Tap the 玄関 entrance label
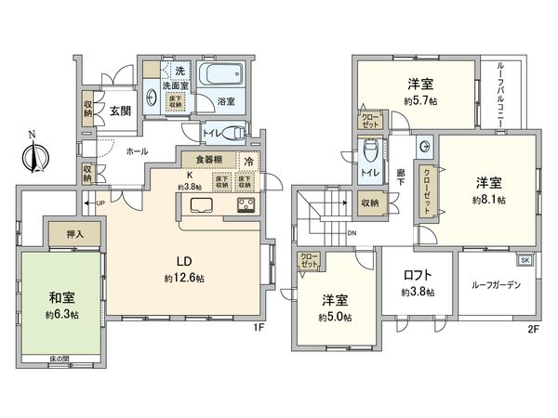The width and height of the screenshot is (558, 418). [120, 111]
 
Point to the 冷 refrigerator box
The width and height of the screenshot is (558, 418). [248, 161]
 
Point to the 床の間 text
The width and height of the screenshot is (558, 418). [63, 358]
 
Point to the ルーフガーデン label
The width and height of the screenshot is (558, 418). [497, 284]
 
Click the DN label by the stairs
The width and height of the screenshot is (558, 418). [352, 232]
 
